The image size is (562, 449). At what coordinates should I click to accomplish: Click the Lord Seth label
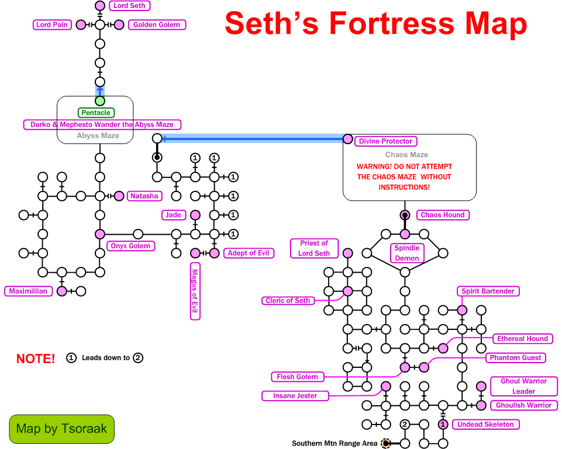[129, 6]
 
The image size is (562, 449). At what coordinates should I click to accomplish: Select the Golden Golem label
[157, 25]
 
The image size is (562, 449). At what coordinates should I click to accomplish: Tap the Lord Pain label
[52, 25]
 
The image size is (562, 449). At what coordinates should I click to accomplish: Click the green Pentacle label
[95, 113]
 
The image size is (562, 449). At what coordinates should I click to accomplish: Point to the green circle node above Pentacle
[100, 101]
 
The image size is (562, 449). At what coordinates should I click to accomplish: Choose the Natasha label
[144, 196]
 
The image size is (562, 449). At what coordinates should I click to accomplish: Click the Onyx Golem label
[130, 246]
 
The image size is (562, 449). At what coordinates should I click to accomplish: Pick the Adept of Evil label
[249, 253]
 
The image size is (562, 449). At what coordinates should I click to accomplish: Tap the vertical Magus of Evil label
[195, 290]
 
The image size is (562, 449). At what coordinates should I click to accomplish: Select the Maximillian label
[28, 291]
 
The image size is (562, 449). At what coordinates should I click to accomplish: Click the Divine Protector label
[385, 141]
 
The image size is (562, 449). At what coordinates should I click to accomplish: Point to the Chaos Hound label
[443, 215]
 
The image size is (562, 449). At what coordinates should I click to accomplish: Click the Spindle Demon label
[406, 253]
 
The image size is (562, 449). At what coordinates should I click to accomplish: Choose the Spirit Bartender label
[488, 291]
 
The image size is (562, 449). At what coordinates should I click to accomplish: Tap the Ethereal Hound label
[522, 339]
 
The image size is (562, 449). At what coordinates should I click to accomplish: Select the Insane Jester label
[295, 396]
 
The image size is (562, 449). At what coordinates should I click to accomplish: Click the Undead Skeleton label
[485, 424]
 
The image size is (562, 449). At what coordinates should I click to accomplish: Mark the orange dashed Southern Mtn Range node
[386, 444]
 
